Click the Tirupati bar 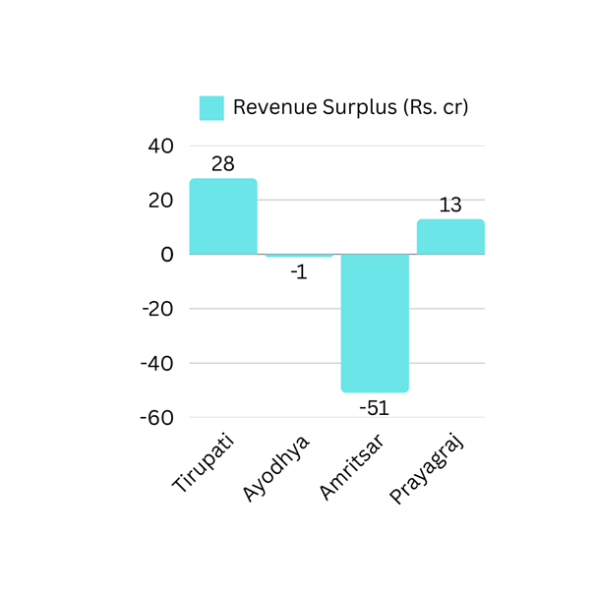coord(223,216)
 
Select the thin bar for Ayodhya coord(299,256)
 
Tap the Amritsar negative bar coord(375,323)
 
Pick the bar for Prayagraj coord(450,237)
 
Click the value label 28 coord(223,164)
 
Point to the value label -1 coord(299,272)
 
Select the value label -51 coord(374,407)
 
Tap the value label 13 coord(450,205)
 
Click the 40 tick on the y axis coord(160,146)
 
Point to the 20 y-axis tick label coord(160,200)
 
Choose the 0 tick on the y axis coord(167,254)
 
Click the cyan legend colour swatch coord(211,107)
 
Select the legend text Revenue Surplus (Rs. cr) coord(350,107)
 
